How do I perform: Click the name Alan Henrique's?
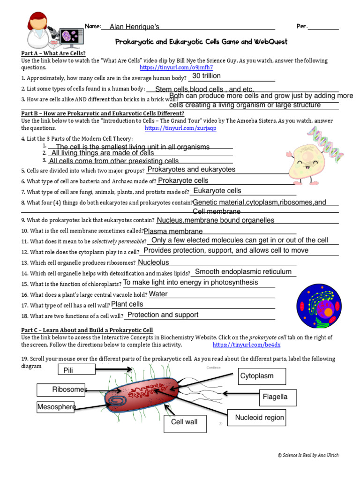(x=135, y=27)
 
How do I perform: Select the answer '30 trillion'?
(x=206, y=76)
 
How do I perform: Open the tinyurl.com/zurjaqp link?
(x=180, y=128)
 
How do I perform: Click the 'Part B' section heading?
(x=103, y=113)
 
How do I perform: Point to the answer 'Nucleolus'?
(x=153, y=262)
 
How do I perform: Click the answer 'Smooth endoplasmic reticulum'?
(x=243, y=272)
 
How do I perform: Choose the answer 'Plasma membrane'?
(x=173, y=231)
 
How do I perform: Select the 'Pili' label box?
(x=78, y=370)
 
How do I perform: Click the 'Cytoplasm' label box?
(x=256, y=376)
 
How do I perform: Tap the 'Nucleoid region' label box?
(x=259, y=418)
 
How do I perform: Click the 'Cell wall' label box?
(x=184, y=422)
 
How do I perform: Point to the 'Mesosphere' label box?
(x=56, y=407)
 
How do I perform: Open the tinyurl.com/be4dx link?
(x=247, y=345)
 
